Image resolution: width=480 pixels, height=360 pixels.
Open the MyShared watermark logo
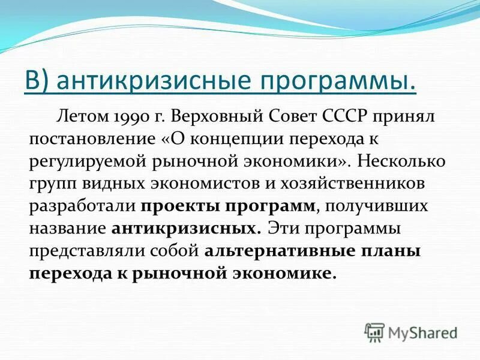pyautogui.click(x=412, y=332)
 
